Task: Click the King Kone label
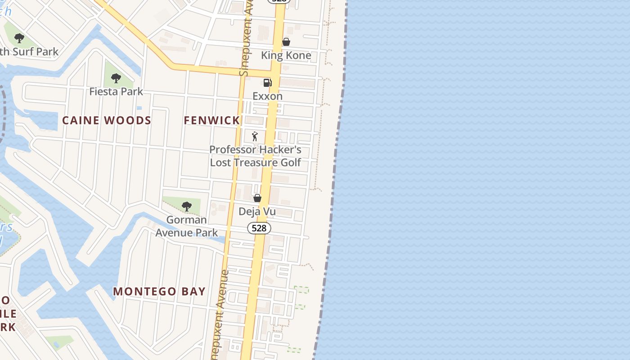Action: (x=286, y=56)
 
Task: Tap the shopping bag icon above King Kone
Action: (x=286, y=42)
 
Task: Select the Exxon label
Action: (x=267, y=96)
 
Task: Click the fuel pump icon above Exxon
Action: (x=267, y=83)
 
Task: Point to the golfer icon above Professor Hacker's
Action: (x=255, y=136)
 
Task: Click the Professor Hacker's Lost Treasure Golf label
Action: (x=256, y=156)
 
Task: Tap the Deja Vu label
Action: (x=257, y=211)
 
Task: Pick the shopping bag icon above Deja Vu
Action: (x=257, y=198)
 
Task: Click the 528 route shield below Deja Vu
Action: (x=259, y=228)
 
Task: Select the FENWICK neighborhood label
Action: (x=212, y=121)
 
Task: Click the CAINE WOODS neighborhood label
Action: (x=107, y=121)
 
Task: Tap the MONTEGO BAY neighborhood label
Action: (x=159, y=292)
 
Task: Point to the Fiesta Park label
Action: (x=116, y=92)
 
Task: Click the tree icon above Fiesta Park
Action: (x=116, y=78)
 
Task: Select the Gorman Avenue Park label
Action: (x=186, y=226)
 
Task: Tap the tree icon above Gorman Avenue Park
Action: (x=186, y=207)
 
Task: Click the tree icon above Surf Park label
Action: (x=19, y=38)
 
